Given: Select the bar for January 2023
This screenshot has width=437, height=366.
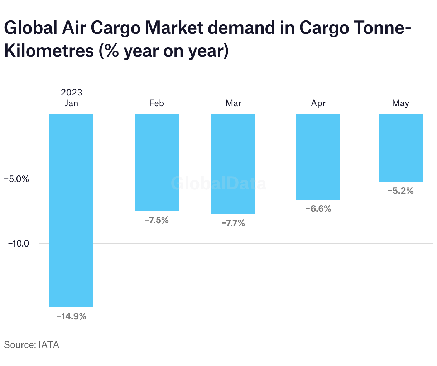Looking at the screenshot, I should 71,211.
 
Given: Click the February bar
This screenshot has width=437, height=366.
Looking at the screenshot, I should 157,163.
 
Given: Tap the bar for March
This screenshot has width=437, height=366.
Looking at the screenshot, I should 233,164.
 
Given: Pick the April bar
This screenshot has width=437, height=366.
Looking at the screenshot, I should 318,157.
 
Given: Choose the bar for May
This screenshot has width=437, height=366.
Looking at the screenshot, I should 400,148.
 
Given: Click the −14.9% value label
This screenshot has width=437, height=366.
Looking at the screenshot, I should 72,316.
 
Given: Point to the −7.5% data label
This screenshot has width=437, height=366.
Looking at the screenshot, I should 157,220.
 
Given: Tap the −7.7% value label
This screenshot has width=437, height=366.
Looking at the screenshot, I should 233,223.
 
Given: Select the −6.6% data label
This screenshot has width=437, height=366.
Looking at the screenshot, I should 318,208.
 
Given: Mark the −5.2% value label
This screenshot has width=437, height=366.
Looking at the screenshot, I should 400,191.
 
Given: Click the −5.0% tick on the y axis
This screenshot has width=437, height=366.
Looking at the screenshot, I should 16,179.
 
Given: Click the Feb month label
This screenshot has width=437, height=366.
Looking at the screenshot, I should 157,103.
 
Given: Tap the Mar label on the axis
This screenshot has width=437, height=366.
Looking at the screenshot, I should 233,103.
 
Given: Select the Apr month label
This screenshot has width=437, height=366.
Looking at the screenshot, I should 318,103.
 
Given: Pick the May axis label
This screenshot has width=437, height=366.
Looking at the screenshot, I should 400,103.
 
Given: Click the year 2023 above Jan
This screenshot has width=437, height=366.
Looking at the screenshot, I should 71,93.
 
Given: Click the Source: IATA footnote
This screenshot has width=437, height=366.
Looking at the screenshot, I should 32,345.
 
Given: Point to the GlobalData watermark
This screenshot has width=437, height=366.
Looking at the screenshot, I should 218,184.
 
